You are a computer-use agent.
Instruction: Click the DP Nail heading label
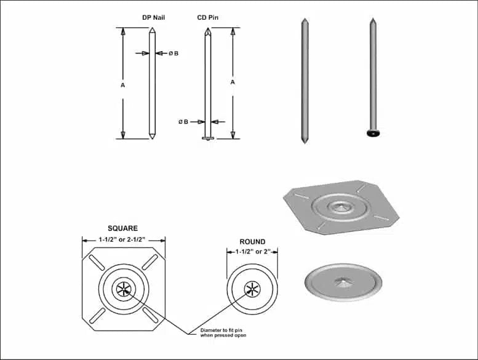153,17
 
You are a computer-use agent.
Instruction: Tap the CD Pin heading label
207,17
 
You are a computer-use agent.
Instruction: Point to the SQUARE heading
123,228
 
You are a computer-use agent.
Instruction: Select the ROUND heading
252,242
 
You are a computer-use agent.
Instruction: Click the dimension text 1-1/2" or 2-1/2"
122,239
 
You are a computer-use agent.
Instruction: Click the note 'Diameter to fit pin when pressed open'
223,332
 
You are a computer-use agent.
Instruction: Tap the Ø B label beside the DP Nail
173,54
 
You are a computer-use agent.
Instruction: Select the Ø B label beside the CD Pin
183,122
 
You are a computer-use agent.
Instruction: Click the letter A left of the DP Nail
123,86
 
